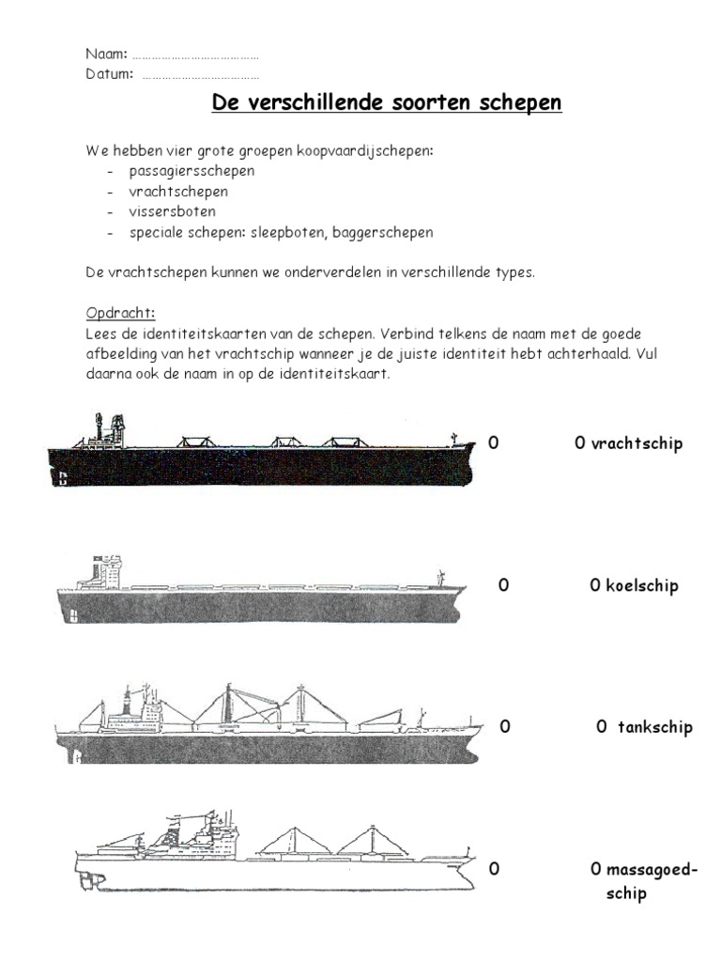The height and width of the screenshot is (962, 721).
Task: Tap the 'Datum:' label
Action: [x=109, y=73]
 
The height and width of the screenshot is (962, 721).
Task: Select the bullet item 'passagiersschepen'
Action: [x=192, y=171]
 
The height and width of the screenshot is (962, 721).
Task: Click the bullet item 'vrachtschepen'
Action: [x=178, y=192]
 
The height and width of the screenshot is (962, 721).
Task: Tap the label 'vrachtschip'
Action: [x=637, y=443]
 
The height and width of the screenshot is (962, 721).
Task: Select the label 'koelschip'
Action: [x=643, y=586]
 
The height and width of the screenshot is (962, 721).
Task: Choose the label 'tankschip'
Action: [x=654, y=727]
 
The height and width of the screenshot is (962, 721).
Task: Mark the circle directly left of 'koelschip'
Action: [x=595, y=586]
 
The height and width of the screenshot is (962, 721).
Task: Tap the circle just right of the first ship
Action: [x=493, y=443]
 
